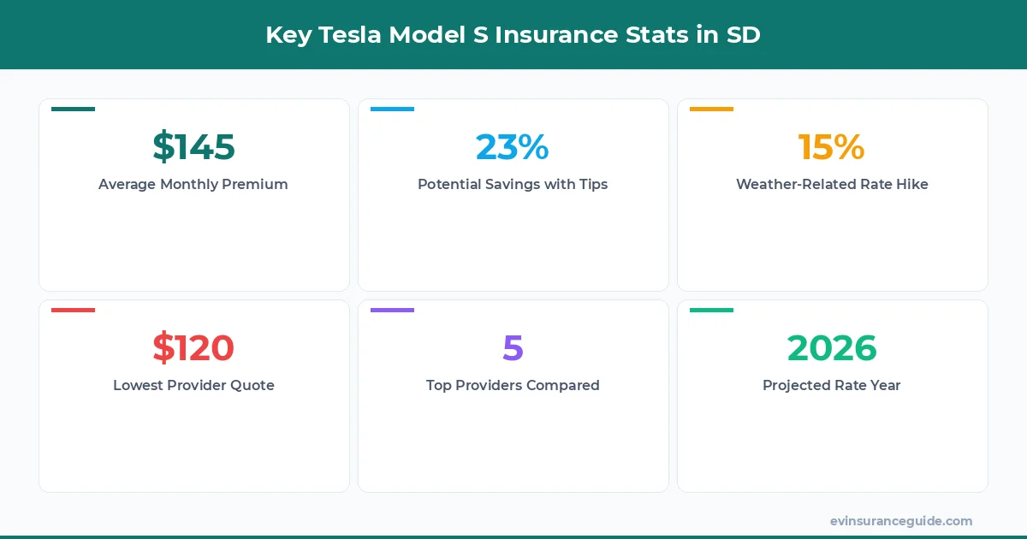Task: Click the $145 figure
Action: pyautogui.click(x=193, y=147)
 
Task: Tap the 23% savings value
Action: pyautogui.click(x=513, y=147)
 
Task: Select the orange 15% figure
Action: pyautogui.click(x=832, y=147)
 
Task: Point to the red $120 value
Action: pyautogui.click(x=193, y=348)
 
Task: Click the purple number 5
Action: pyautogui.click(x=513, y=348)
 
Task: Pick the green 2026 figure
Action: pyautogui.click(x=832, y=348)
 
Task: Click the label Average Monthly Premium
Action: pyautogui.click(x=193, y=184)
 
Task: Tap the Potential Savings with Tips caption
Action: pyautogui.click(x=513, y=184)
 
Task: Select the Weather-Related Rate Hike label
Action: pyautogui.click(x=832, y=184)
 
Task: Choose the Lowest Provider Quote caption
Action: pyautogui.click(x=193, y=385)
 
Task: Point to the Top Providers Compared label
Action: pyautogui.click(x=513, y=385)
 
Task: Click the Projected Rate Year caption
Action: pyautogui.click(x=832, y=385)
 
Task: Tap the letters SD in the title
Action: pyautogui.click(x=743, y=35)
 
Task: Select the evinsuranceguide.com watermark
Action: pyautogui.click(x=901, y=521)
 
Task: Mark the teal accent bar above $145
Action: pyautogui.click(x=73, y=109)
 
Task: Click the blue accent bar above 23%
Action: pyautogui.click(x=392, y=109)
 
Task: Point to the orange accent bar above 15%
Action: pyautogui.click(x=711, y=109)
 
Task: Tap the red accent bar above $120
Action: pyautogui.click(x=73, y=310)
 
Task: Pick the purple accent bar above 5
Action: pyautogui.click(x=392, y=310)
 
